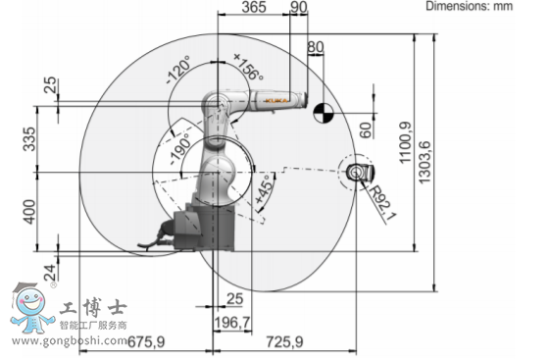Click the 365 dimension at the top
254,7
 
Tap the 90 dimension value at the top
299,7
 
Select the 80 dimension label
316,47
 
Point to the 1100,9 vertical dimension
405,142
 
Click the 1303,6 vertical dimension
425,162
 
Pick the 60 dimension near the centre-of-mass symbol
366,129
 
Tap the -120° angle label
178,70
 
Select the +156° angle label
248,67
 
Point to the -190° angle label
181,149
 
